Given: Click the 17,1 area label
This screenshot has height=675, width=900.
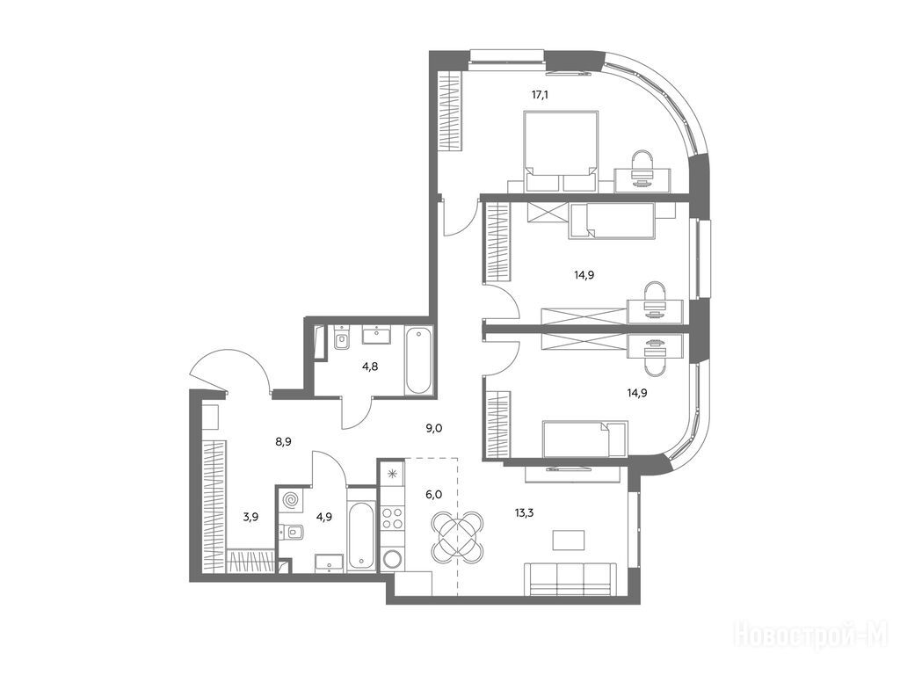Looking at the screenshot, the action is tap(540, 95).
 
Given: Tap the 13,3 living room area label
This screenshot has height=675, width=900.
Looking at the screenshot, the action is tap(524, 512).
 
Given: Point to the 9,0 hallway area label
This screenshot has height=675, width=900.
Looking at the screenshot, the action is tap(434, 427).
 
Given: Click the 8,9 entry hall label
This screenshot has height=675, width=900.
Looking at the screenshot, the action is tap(285, 441).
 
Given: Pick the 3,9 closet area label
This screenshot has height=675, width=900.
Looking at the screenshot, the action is tap(250, 516).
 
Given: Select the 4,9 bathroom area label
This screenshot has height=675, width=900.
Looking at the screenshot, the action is tap(324, 516).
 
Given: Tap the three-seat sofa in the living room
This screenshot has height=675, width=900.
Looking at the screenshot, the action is tap(570, 580).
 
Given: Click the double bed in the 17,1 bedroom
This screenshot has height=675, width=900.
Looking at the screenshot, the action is tap(561, 151).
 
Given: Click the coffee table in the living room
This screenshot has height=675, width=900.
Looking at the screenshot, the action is tap(569, 540).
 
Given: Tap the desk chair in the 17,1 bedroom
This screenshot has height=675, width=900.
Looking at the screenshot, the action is tap(642, 168).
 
